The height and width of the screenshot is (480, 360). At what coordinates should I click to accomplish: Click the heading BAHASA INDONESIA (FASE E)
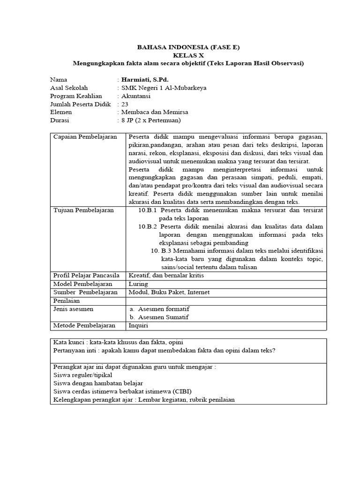pyautogui.click(x=188, y=47)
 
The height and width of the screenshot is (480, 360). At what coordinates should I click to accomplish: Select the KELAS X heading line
pyautogui.click(x=188, y=55)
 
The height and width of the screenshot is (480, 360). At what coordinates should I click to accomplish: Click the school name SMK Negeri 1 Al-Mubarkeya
pyautogui.click(x=164, y=88)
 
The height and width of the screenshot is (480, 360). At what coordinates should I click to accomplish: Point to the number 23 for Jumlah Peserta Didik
pyautogui.click(x=125, y=104)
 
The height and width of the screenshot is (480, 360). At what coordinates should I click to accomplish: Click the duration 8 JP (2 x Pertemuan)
pyautogui.click(x=150, y=120)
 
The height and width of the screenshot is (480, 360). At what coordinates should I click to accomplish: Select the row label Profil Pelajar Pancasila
pyautogui.click(x=87, y=275)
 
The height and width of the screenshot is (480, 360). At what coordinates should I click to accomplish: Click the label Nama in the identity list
pyautogui.click(x=59, y=80)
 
